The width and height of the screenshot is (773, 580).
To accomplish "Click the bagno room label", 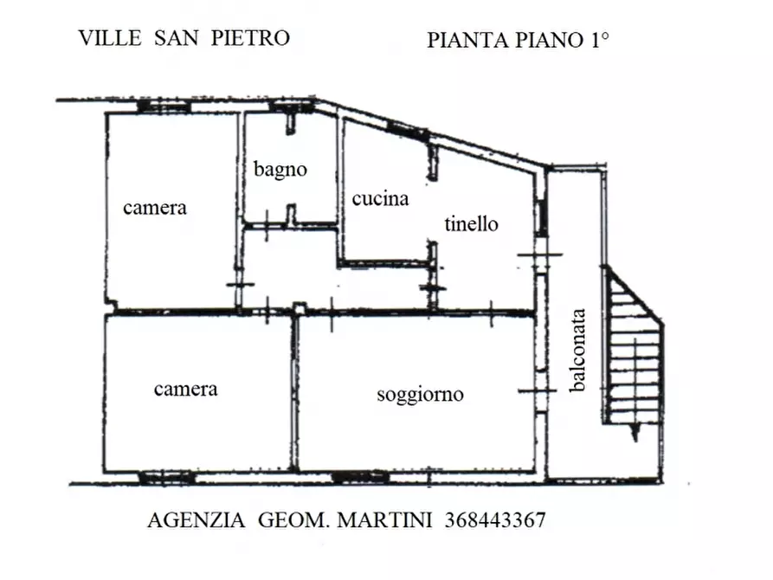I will point(280,170).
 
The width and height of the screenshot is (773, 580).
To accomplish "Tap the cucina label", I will point(380,199).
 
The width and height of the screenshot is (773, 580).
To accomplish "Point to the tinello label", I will point(472,224).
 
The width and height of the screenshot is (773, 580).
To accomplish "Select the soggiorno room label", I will point(420,395).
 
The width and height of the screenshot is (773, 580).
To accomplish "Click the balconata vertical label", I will point(579,351).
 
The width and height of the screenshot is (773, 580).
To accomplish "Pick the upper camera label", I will point(155,208).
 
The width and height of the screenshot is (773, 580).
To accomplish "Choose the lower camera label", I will point(185,389).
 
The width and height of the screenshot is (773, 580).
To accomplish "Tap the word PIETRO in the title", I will point(251,38).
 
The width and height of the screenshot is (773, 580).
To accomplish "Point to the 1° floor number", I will point(595,40).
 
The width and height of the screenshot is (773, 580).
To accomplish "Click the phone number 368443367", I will point(495,520).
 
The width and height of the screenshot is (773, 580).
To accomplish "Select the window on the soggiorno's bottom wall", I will point(361,476).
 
